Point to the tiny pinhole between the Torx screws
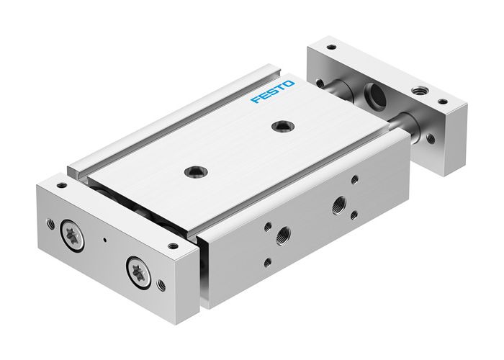(105, 240)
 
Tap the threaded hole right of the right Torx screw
(162, 286)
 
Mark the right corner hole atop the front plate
(171, 246)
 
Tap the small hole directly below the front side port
(268, 262)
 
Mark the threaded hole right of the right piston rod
(430, 136)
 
